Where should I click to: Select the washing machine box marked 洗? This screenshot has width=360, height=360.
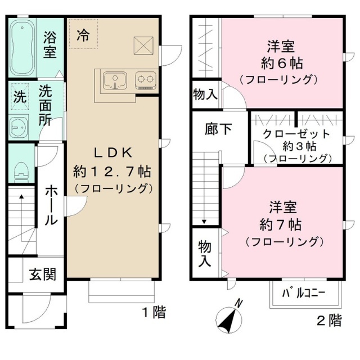20,97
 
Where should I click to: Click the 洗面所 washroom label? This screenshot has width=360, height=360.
49,104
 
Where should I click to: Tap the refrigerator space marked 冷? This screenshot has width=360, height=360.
83,35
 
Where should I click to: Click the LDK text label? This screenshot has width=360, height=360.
112,152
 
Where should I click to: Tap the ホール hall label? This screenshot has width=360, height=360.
51,205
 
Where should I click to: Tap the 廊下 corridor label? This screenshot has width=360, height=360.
218,129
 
